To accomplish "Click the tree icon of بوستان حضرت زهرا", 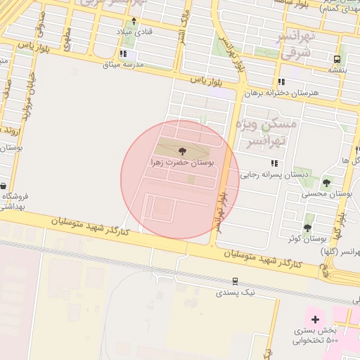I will pyautogui.click(x=182, y=150).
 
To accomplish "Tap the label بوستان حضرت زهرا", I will pyautogui.click(x=182, y=162).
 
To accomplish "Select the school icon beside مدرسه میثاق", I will pyautogui.click(x=124, y=53).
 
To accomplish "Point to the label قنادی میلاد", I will pyautogui.click(x=134, y=32).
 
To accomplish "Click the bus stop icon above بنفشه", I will pyautogui.click(x=337, y=60).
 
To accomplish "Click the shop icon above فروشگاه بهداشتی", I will pyautogui.click(x=4, y=186).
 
